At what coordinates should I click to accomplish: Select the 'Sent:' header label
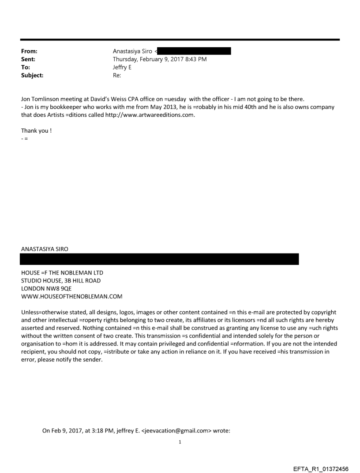[x=28, y=59]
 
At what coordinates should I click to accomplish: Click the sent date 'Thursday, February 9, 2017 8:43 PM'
[x=160, y=59]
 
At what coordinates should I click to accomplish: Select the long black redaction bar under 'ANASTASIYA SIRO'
[x=160, y=259]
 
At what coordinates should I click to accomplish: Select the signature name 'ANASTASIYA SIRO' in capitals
[x=45, y=249]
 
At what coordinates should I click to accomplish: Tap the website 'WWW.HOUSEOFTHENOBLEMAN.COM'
[x=72, y=296]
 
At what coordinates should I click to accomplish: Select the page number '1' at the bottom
[x=180, y=442]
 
